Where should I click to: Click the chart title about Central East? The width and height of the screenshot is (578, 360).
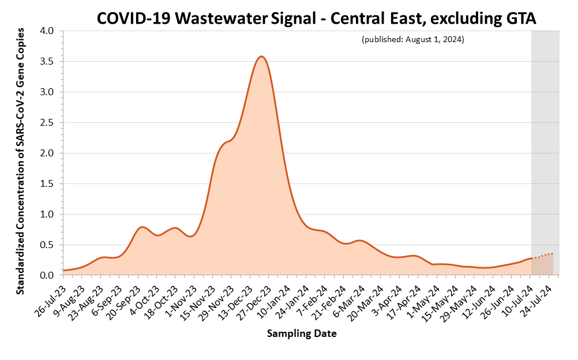tap(317, 18)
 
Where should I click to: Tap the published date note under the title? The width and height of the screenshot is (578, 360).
tap(412, 40)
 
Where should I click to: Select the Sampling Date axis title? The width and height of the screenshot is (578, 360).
tap(302, 334)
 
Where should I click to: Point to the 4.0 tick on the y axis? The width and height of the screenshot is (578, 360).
tap(46, 31)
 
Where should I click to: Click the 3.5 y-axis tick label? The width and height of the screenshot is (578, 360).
tap(46, 61)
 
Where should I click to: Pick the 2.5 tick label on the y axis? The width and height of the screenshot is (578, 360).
tap(46, 122)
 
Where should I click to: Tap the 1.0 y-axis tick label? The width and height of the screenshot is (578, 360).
tap(46, 214)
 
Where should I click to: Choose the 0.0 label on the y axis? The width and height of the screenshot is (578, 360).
tap(46, 275)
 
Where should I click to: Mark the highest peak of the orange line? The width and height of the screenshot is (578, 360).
tap(261, 56)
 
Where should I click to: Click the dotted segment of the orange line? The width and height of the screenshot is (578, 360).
tap(542, 255)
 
